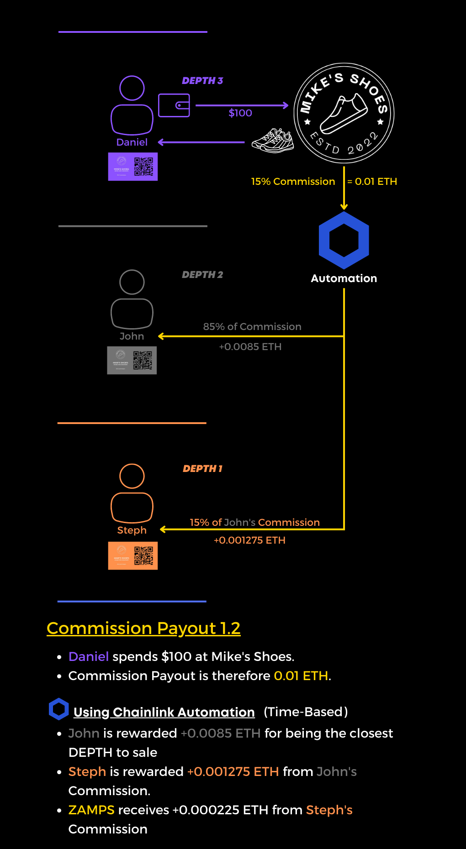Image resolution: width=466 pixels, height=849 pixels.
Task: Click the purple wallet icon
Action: click(x=174, y=105)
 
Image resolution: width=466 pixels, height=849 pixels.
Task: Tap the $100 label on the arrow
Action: click(x=240, y=113)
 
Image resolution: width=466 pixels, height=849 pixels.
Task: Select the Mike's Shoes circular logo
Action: click(x=344, y=113)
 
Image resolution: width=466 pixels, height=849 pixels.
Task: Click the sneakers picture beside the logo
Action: click(x=273, y=141)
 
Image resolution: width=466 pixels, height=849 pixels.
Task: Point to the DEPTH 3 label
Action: click(x=202, y=81)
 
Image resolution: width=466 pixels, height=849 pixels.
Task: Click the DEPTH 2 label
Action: click(x=202, y=275)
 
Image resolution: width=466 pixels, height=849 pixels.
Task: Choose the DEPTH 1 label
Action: click(x=202, y=469)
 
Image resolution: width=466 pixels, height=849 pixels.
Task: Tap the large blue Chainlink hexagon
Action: click(x=344, y=240)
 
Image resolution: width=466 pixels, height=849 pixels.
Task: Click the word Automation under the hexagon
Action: click(x=344, y=278)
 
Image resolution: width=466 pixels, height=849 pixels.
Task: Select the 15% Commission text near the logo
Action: click(x=293, y=182)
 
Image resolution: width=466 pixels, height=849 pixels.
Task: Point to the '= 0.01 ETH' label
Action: click(x=372, y=182)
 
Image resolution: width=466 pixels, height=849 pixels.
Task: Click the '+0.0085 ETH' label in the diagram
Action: click(x=250, y=347)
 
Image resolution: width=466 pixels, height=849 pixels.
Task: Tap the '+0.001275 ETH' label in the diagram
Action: click(x=249, y=540)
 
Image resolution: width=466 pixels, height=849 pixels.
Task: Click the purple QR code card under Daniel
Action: click(x=133, y=167)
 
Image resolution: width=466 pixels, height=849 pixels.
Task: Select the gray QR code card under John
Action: click(x=132, y=361)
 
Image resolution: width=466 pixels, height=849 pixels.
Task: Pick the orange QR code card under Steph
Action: click(x=133, y=556)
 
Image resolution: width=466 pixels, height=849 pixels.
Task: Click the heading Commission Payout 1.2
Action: click(x=143, y=629)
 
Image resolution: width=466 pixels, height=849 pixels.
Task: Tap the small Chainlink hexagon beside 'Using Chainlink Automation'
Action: click(x=59, y=709)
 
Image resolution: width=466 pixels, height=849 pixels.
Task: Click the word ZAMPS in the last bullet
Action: click(x=91, y=810)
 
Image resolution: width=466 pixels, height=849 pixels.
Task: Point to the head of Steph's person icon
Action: click(x=132, y=476)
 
